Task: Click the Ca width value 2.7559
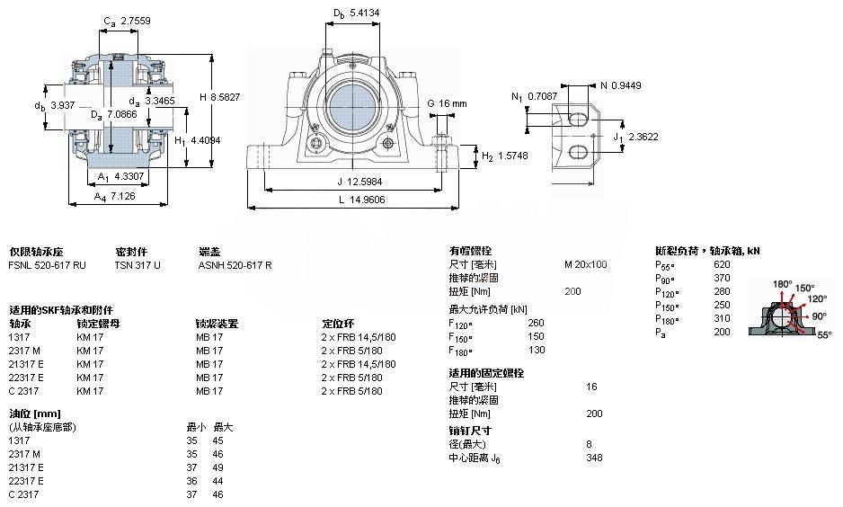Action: [137, 19]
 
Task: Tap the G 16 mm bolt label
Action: [447, 103]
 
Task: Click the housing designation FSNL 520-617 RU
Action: [48, 265]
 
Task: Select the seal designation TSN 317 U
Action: [138, 265]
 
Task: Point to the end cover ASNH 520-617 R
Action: [235, 265]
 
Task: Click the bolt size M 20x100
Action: [585, 264]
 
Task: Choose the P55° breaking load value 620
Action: [722, 264]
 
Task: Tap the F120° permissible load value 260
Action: [536, 323]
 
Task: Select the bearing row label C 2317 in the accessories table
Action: [25, 391]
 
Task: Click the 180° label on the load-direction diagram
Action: [782, 285]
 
